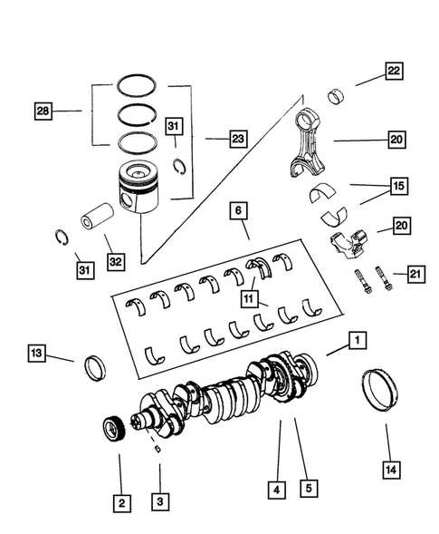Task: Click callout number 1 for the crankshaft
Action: (x=358, y=341)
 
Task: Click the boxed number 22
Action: (x=394, y=71)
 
